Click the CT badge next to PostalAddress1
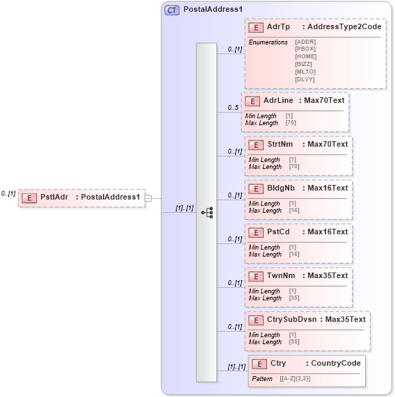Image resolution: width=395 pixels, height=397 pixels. (171, 10)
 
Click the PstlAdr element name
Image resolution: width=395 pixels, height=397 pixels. (54, 197)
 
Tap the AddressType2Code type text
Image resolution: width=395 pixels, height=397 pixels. (344, 26)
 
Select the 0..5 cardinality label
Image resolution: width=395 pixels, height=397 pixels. (233, 108)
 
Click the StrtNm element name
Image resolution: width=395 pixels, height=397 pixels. (280, 144)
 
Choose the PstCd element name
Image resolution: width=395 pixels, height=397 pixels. (278, 232)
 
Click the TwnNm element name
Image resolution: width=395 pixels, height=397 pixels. (280, 275)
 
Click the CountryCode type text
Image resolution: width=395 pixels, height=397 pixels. (335, 363)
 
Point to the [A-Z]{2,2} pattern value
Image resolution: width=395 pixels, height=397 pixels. (296, 379)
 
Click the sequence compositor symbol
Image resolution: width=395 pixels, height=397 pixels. (207, 213)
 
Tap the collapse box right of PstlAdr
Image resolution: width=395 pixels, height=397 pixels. (147, 198)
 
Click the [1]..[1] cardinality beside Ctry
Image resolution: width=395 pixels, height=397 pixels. (236, 367)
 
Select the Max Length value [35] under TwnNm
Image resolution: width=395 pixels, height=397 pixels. (294, 298)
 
